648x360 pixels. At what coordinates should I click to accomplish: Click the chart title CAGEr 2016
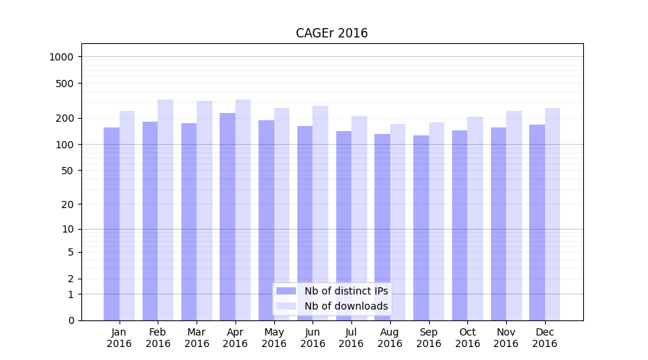(331, 33)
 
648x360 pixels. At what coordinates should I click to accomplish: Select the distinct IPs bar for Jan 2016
(112, 223)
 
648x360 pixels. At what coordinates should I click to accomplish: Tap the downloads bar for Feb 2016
(166, 209)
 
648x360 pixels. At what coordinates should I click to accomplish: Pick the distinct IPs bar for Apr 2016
(228, 216)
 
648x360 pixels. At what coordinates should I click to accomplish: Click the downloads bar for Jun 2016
(320, 212)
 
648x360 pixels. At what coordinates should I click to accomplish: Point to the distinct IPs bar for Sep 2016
(421, 227)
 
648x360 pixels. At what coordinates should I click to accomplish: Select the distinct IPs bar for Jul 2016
(343, 225)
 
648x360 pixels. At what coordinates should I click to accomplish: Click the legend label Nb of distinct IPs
(346, 291)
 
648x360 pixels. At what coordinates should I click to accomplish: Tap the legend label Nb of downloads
(346, 306)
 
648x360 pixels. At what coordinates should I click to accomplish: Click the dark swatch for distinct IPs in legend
(286, 291)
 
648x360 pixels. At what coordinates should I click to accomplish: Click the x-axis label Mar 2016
(197, 338)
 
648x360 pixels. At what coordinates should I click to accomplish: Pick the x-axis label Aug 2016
(390, 338)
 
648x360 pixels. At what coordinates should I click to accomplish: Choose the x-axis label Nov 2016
(506, 338)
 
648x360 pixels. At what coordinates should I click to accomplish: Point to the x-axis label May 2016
(274, 338)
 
